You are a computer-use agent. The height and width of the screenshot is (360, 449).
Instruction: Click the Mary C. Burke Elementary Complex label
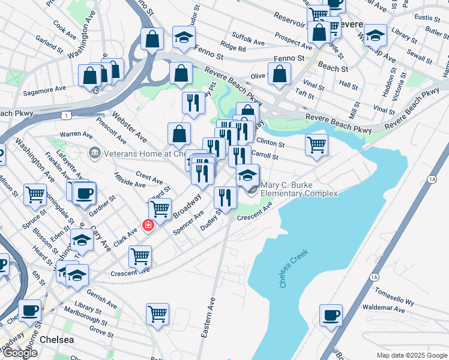[x=298, y=189]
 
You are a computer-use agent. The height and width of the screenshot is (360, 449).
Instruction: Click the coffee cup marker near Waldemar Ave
[x=330, y=315]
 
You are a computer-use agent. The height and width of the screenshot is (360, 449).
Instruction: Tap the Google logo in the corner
[x=19, y=353]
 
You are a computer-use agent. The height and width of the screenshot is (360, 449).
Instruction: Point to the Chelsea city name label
[x=57, y=340]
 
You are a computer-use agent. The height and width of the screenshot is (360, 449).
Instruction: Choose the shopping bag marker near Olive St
[x=280, y=74]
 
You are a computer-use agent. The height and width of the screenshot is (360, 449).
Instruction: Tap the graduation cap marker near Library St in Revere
[x=375, y=37]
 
